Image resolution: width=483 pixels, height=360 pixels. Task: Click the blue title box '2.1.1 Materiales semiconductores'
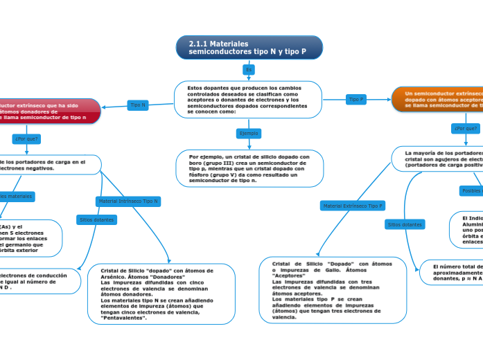pyautogui.click(x=249, y=48)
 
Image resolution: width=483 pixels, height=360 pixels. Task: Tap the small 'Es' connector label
pyautogui.click(x=249, y=70)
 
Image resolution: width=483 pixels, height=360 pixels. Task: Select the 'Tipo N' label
pyautogui.click(x=138, y=105)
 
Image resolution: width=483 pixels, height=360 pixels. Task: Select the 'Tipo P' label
pyautogui.click(x=356, y=100)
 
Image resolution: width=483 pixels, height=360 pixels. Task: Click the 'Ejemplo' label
pyautogui.click(x=248, y=133)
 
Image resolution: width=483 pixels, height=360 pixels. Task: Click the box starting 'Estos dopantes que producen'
pyautogui.click(x=247, y=100)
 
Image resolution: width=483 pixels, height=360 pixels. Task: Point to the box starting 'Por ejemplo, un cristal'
pyautogui.click(x=249, y=168)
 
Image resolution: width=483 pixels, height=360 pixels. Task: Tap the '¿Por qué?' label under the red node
pyautogui.click(x=27, y=138)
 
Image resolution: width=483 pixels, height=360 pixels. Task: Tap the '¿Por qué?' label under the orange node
pyautogui.click(x=465, y=128)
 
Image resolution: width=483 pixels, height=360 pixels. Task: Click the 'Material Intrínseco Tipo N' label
pyautogui.click(x=128, y=201)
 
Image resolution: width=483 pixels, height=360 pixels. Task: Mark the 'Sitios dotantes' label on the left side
pyautogui.click(x=95, y=219)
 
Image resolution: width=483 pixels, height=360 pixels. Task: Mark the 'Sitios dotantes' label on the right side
pyautogui.click(x=405, y=224)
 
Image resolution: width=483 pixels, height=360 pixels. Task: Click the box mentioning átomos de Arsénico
pyautogui.click(x=162, y=294)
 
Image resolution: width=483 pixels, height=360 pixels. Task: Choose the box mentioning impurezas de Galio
pyautogui.click(x=333, y=290)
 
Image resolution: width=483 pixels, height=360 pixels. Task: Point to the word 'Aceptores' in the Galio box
pyautogui.click(x=290, y=276)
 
